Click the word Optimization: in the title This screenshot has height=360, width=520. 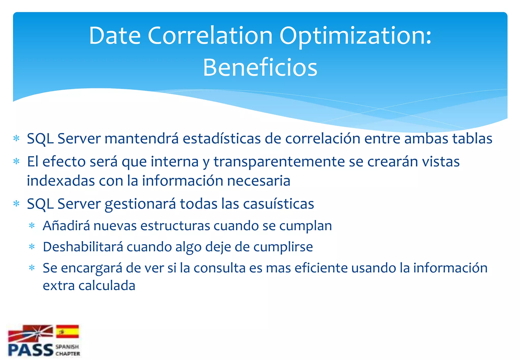[355, 36]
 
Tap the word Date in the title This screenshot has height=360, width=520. [115, 36]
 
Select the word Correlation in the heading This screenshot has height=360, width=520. [210, 36]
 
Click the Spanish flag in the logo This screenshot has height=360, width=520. [67, 332]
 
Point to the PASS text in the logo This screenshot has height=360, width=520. [30, 350]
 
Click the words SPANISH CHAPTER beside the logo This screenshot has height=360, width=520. [68, 350]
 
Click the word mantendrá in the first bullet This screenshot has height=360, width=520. [141, 139]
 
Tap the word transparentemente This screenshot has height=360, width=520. [279, 162]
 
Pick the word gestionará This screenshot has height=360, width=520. [140, 204]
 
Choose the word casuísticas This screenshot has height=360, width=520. [279, 204]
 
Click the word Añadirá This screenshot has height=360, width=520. [66, 226]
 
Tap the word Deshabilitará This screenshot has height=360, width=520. [83, 247]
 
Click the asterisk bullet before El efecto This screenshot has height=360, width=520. [17, 161]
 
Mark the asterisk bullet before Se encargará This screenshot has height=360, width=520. [32, 268]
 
